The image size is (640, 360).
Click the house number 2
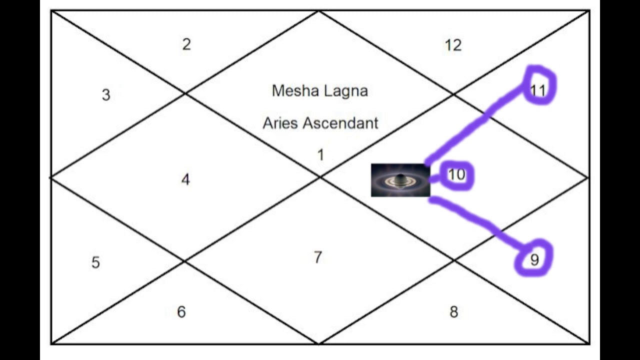coord(186,44)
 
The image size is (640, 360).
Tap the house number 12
coord(453,45)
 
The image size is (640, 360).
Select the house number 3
coord(106,95)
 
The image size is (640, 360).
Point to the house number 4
coord(185,180)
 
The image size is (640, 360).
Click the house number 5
coord(95,262)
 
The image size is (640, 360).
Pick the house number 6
coord(181,312)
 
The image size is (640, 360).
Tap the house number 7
coord(318,257)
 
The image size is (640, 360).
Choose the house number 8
coord(453,312)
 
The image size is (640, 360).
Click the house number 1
coord(320,155)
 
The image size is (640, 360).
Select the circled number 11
coord(538,90)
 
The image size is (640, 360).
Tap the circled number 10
coord(456,175)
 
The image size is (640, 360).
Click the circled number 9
coord(534,260)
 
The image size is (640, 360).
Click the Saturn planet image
coord(400,180)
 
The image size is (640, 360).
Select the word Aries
coord(280,123)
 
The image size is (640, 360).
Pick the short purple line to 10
coord(436,178)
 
